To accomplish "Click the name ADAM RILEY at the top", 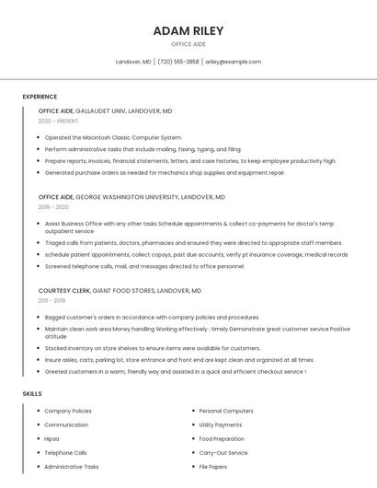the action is pyautogui.click(x=188, y=30).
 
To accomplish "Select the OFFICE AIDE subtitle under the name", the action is pyautogui.click(x=188, y=44).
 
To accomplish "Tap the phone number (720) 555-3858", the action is pyautogui.click(x=178, y=62).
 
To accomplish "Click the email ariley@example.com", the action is pyautogui.click(x=233, y=62).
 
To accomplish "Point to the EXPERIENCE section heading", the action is pyautogui.click(x=40, y=97).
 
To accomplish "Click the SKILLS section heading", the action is pyautogui.click(x=32, y=393).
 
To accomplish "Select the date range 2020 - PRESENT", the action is pyautogui.click(x=58, y=121).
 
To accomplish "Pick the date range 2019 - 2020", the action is pyautogui.click(x=53, y=207).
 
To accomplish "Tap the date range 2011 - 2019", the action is pyautogui.click(x=51, y=300).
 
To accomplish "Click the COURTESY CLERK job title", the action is pyautogui.click(x=63, y=290).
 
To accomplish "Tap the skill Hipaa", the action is pyautogui.click(x=51, y=439).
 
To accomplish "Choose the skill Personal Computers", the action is pyautogui.click(x=226, y=411).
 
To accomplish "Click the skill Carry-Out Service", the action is pyautogui.click(x=223, y=453).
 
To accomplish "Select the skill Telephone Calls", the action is pyautogui.click(x=65, y=453).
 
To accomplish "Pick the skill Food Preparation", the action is pyautogui.click(x=223, y=439).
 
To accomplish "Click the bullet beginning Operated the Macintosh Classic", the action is pyautogui.click(x=113, y=137).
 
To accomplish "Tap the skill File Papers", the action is pyautogui.click(x=214, y=467).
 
